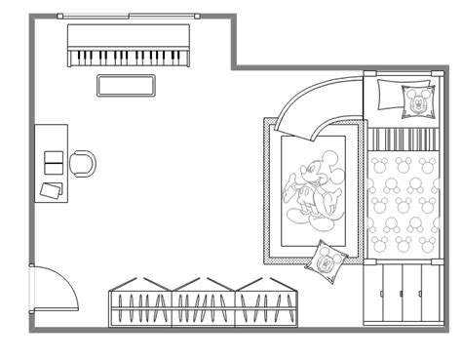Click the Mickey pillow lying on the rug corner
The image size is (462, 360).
click(x=325, y=260)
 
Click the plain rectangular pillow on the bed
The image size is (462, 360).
click(x=388, y=97)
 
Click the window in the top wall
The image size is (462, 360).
click(x=128, y=17)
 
